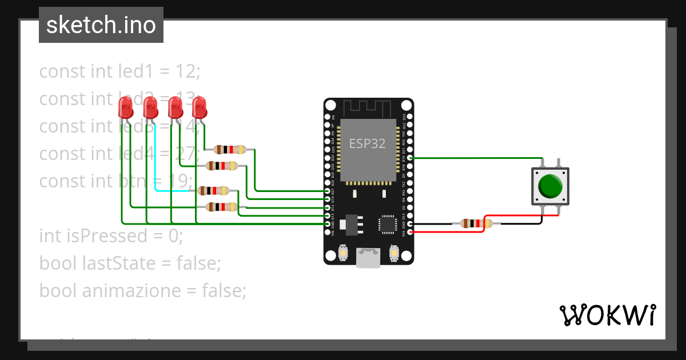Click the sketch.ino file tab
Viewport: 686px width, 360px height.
tap(101, 26)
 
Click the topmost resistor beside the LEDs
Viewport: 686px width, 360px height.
tap(230, 150)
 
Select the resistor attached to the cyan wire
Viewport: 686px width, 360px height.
tap(213, 191)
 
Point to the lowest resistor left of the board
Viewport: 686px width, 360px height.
tap(221, 207)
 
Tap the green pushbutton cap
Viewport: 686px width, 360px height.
tap(551, 186)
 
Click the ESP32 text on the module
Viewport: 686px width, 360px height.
tap(367, 144)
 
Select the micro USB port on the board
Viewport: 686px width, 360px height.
tap(368, 258)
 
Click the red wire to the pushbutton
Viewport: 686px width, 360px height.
tap(514, 216)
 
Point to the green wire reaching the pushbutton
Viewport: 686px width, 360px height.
tap(474, 158)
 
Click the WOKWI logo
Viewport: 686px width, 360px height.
tap(607, 315)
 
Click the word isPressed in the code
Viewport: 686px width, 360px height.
tap(114, 236)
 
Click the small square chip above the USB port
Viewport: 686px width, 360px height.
tap(388, 224)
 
